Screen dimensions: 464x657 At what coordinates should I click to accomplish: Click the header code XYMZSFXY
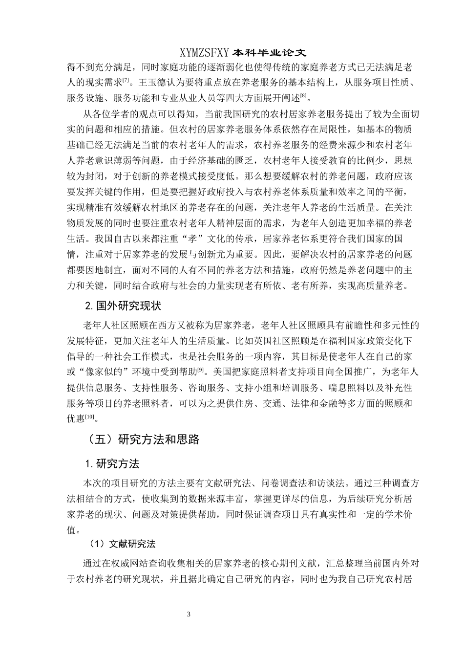[204, 52]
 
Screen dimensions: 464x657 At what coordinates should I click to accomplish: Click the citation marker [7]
[126, 79]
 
